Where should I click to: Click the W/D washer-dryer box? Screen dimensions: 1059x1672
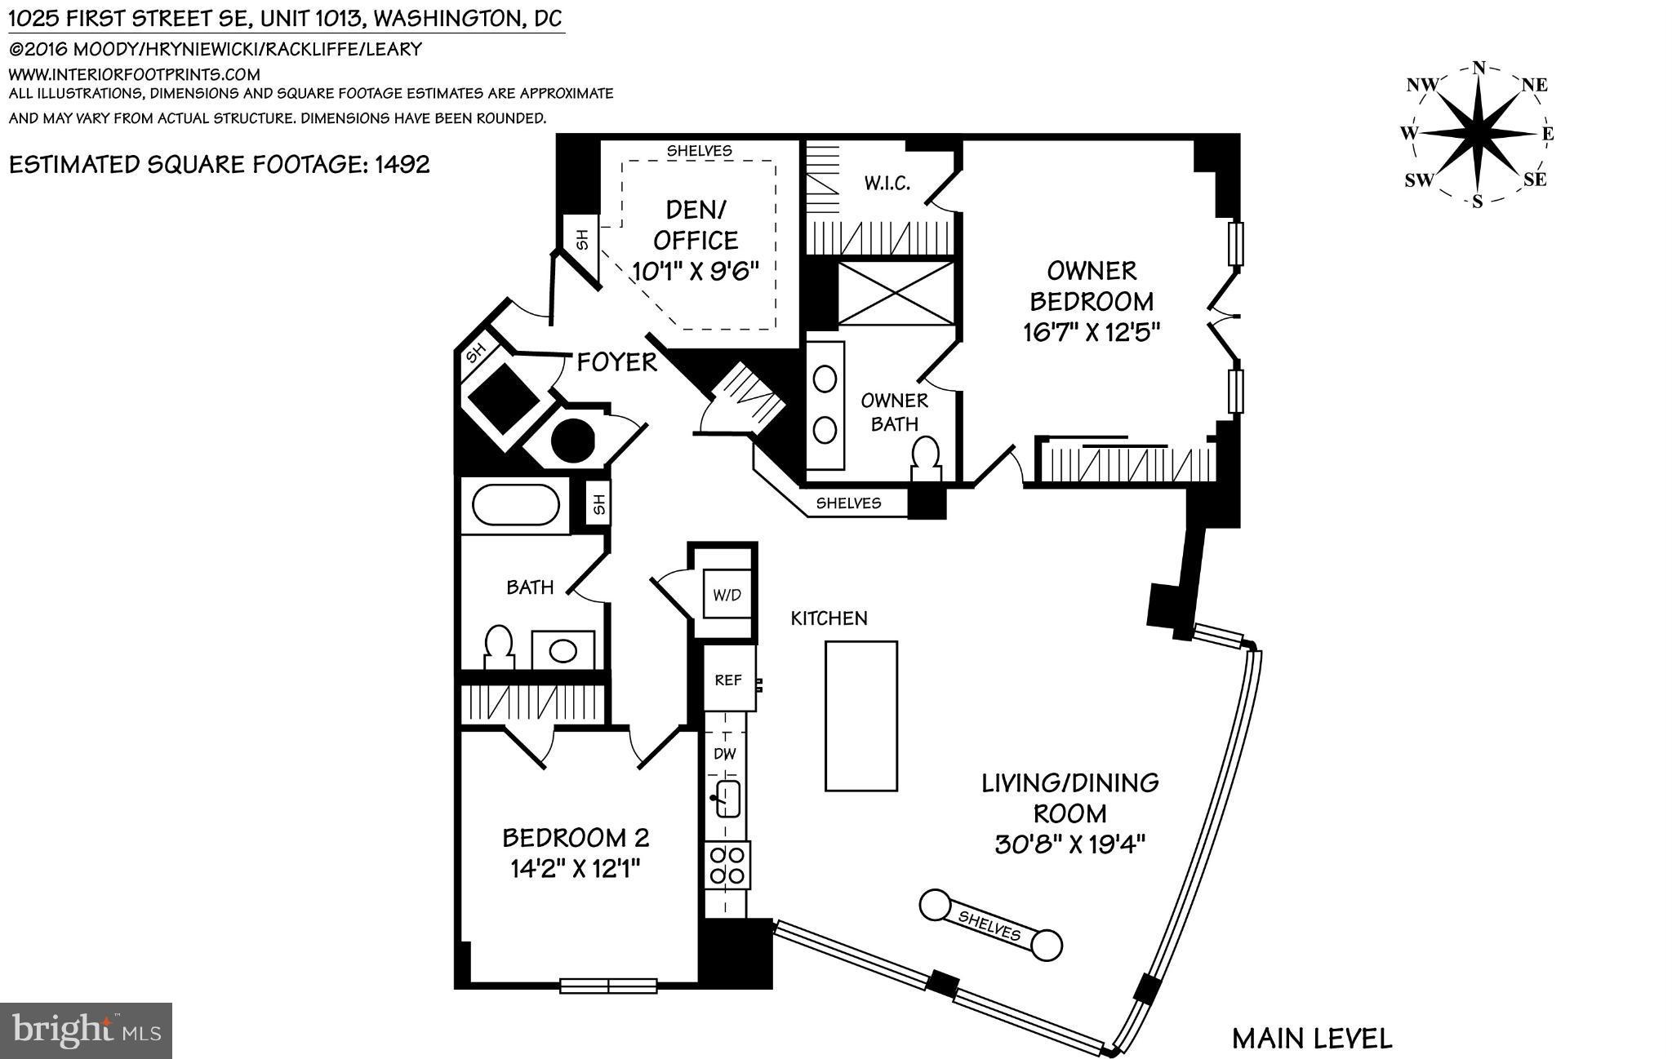727,594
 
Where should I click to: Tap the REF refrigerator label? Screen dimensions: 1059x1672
727,680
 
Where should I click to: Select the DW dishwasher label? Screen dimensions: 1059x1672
725,754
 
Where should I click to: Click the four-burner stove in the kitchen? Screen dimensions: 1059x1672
727,866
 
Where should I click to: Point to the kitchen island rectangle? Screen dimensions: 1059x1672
860,716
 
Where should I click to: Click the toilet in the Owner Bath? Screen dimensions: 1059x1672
926,458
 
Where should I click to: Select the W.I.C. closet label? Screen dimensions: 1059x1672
887,183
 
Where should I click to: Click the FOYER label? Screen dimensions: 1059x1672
616,362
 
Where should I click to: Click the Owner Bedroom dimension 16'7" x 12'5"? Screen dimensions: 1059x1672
1091,332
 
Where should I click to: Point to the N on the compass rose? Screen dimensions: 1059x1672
1478,69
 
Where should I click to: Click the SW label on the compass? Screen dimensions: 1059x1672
1418,180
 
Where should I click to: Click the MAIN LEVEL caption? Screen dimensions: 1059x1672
1311,1039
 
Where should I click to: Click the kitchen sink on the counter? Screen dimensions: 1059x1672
727,798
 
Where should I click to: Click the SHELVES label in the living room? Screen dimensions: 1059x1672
989,925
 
